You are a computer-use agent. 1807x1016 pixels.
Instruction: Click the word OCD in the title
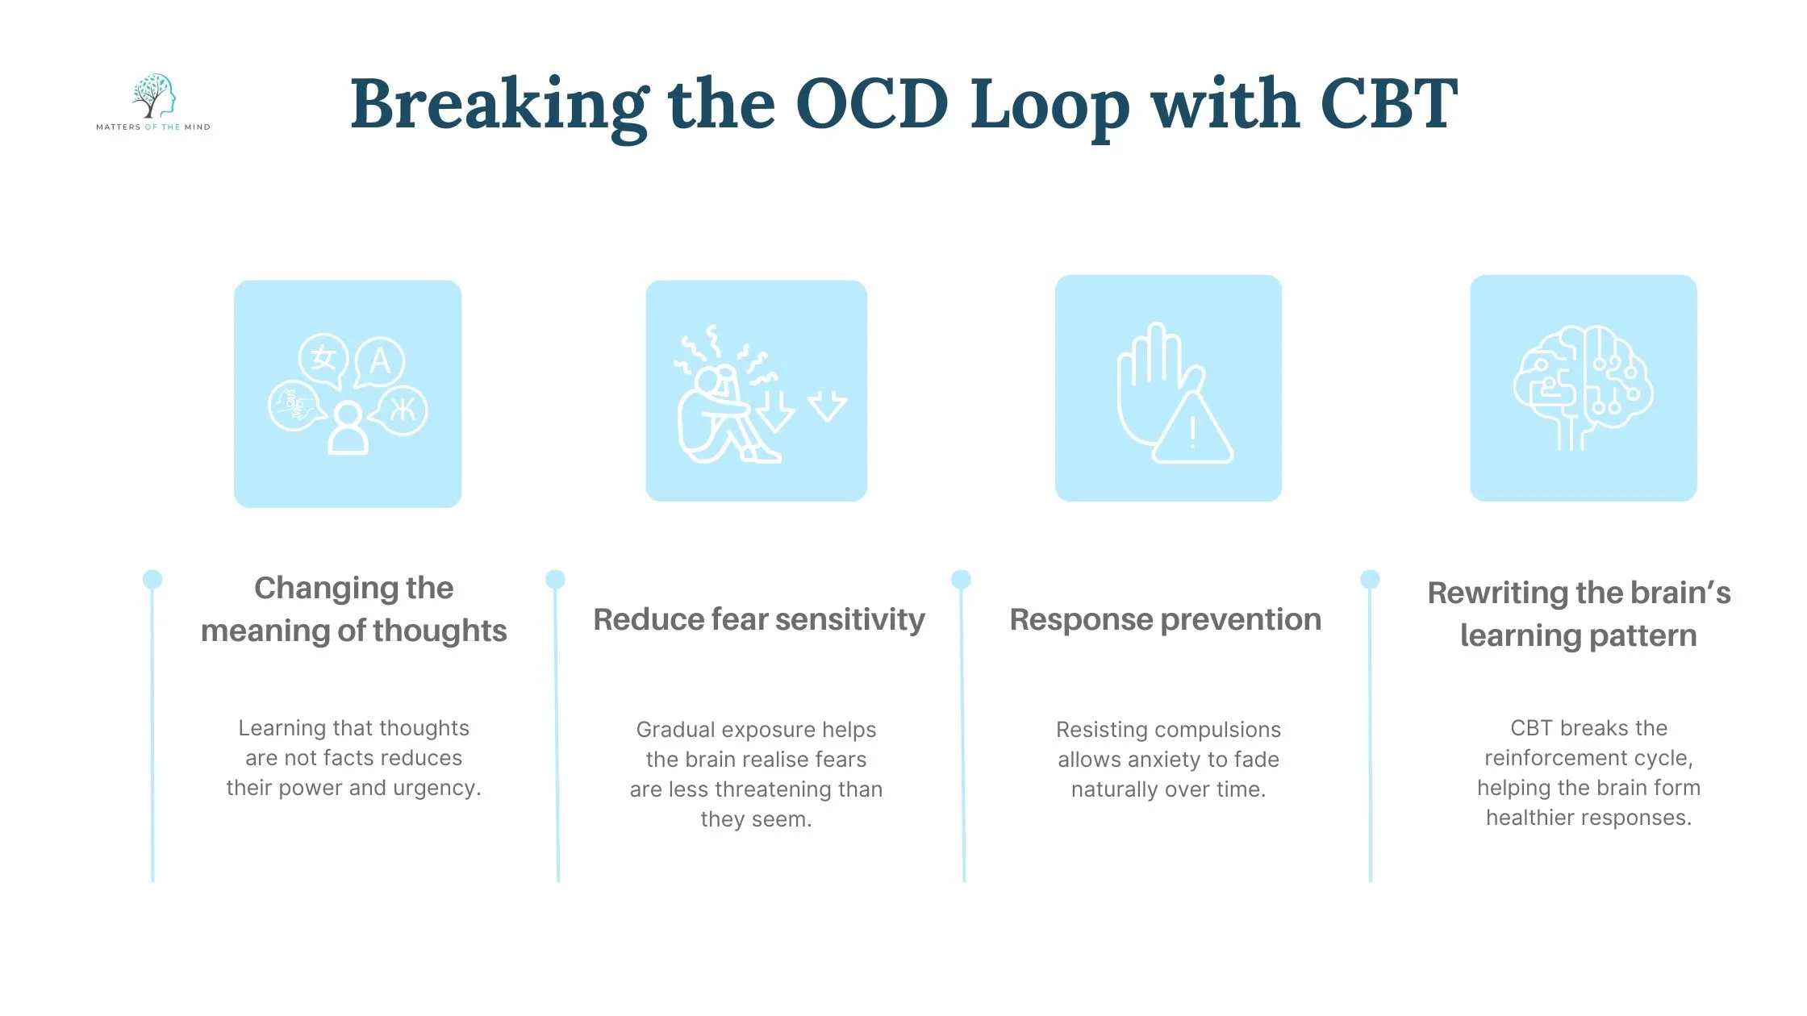[x=872, y=104]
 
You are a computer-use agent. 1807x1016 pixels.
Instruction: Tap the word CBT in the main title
[x=1388, y=104]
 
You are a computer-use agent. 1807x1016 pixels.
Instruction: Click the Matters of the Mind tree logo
[x=153, y=96]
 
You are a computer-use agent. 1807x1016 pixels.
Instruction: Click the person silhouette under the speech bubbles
[x=348, y=428]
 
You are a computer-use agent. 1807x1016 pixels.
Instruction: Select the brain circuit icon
[x=1583, y=387]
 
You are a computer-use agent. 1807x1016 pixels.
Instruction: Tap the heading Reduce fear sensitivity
[x=758, y=619]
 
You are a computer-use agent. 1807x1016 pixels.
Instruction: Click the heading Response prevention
[x=1166, y=619]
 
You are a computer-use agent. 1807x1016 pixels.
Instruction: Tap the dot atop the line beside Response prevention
[x=961, y=579]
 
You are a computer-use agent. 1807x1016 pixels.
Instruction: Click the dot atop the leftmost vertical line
[x=152, y=579]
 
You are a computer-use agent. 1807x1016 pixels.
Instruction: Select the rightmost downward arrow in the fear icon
[x=827, y=406]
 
